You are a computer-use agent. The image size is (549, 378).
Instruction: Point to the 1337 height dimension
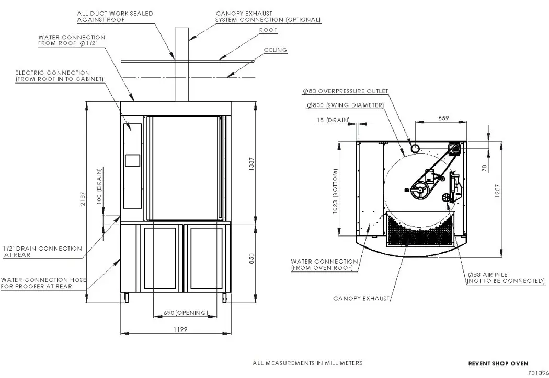[251, 165]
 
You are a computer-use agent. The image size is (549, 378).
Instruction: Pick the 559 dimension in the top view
[443, 119]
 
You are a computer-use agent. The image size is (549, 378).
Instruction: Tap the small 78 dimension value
[484, 168]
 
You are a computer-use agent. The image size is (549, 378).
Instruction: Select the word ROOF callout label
[268, 30]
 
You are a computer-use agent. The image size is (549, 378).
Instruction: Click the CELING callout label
[275, 50]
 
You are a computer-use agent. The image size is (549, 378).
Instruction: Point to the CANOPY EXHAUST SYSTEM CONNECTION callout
[268, 17]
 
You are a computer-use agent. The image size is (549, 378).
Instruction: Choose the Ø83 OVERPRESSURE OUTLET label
[345, 91]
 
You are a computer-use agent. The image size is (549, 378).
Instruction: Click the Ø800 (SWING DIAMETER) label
[345, 105]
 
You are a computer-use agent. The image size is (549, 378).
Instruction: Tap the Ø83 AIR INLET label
[505, 278]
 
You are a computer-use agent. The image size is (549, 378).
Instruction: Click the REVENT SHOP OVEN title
[498, 363]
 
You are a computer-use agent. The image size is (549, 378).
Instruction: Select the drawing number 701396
[538, 373]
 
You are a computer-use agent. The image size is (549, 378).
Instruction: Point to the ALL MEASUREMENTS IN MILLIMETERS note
[307, 363]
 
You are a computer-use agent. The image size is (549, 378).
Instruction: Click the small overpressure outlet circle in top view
[415, 148]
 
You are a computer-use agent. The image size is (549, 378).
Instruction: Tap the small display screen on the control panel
[133, 160]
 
